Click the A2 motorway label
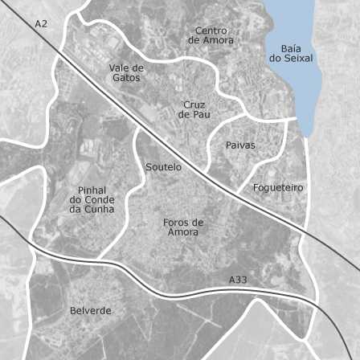(x=41, y=24)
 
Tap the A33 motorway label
(x=238, y=280)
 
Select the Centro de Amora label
(x=211, y=35)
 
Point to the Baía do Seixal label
(x=291, y=53)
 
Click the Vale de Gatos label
(x=126, y=73)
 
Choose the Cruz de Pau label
(x=194, y=110)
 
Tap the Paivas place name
(x=240, y=145)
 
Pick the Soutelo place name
(x=164, y=167)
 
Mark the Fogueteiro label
(x=278, y=188)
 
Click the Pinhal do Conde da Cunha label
(x=92, y=199)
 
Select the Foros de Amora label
(x=183, y=227)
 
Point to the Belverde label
(x=91, y=310)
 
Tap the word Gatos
(x=126, y=78)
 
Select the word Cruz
(x=194, y=105)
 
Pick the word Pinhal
(x=92, y=190)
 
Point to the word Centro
(x=211, y=31)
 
